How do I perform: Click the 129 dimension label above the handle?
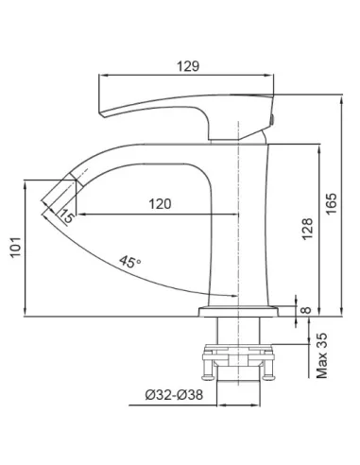(188, 66)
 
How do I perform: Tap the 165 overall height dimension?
(332, 203)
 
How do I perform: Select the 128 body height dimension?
(308, 229)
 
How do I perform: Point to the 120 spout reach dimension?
(160, 204)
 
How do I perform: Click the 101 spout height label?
(16, 248)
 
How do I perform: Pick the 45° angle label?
(129, 262)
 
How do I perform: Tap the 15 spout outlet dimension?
(66, 216)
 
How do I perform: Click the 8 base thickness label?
(306, 310)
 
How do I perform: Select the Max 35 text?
(322, 355)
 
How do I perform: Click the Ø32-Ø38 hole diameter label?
(174, 395)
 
